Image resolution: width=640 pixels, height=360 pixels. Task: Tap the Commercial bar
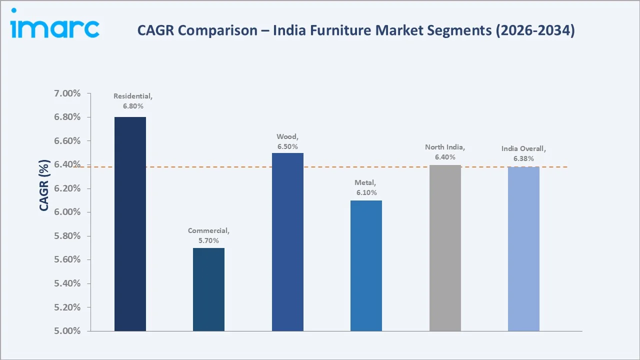point(208,289)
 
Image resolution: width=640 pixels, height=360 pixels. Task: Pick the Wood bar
point(287,242)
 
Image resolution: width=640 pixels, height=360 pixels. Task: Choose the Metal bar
point(366,265)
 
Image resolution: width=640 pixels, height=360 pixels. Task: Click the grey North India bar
point(445,248)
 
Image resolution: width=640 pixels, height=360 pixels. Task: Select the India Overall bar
point(523,249)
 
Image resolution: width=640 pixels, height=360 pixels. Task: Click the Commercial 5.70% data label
point(208,235)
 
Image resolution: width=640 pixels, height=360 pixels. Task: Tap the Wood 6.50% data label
point(287,141)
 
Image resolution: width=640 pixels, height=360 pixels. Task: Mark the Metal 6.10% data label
point(366,188)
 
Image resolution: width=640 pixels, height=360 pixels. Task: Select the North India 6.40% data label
point(445,152)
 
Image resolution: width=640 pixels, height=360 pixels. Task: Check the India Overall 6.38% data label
point(523,153)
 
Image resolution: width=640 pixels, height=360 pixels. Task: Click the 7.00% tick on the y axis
point(66,94)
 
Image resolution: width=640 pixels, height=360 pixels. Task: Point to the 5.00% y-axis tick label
point(66,331)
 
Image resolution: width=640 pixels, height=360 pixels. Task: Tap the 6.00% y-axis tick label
point(66,212)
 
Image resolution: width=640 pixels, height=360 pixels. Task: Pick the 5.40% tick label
point(66,283)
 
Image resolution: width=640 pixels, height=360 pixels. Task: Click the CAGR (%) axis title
point(44,185)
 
